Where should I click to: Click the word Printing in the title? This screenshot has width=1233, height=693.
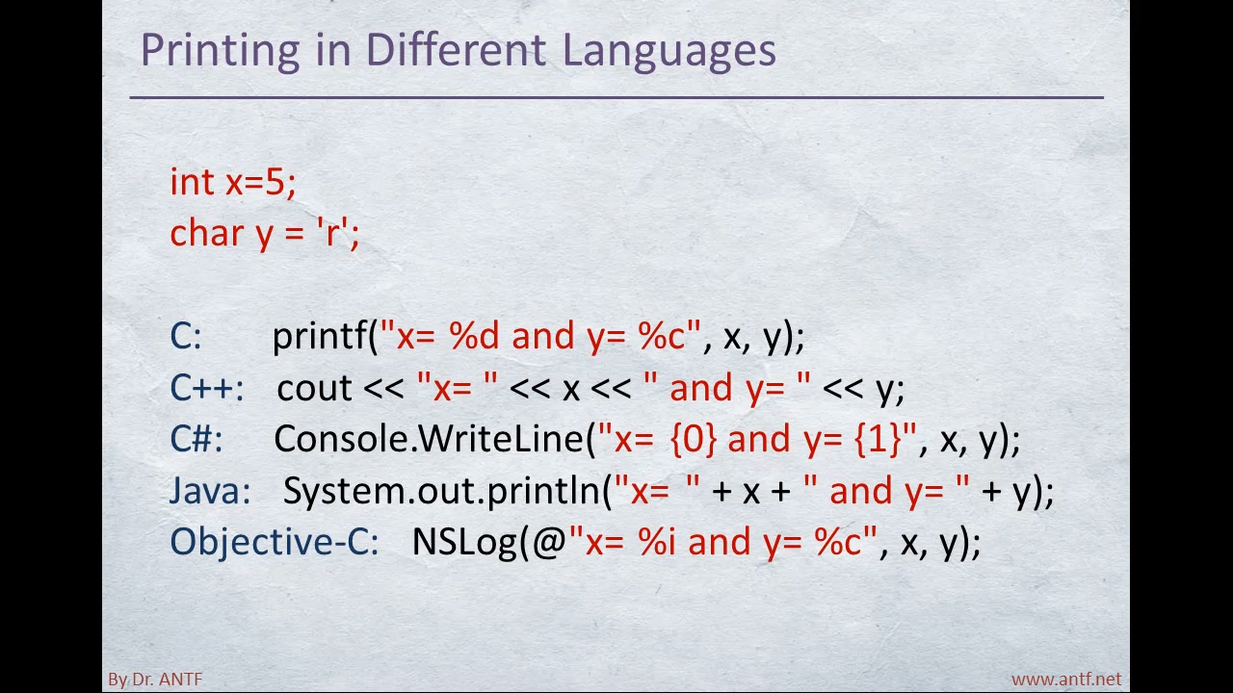[x=221, y=52]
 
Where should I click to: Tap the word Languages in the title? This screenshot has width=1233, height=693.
[x=669, y=52]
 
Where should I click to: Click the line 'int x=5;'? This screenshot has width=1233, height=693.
[x=233, y=182]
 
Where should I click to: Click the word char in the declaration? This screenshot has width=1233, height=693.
[x=207, y=232]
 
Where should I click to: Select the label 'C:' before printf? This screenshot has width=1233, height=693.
[x=186, y=336]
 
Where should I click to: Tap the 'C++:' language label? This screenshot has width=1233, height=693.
[x=207, y=387]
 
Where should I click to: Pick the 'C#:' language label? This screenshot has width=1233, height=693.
[x=197, y=438]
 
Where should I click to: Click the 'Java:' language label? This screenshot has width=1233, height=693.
[x=210, y=490]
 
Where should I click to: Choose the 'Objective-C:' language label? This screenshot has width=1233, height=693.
[x=275, y=541]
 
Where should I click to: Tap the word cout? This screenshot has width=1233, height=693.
[x=314, y=388]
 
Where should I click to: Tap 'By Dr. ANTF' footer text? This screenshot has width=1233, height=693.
[x=155, y=680]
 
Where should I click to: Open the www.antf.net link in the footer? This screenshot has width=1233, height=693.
[x=1066, y=680]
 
